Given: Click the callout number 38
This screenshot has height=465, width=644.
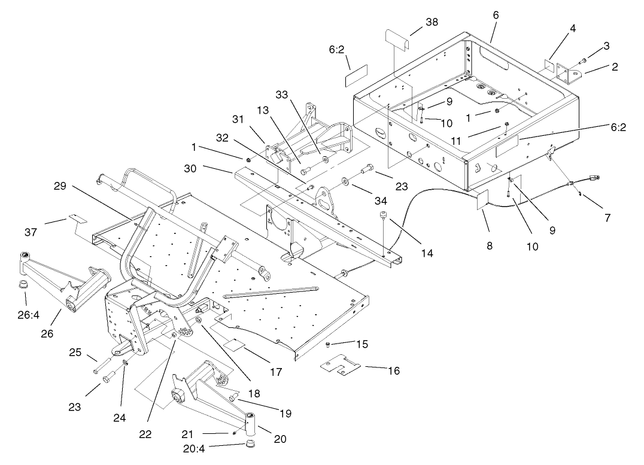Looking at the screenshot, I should click(432, 21).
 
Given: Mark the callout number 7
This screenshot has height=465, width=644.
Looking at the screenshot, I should click(607, 218).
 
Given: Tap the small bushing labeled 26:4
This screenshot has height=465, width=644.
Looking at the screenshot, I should click(24, 282).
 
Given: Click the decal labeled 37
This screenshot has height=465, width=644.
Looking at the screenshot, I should click(78, 218).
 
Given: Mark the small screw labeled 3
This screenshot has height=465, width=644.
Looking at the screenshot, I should click(584, 60).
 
